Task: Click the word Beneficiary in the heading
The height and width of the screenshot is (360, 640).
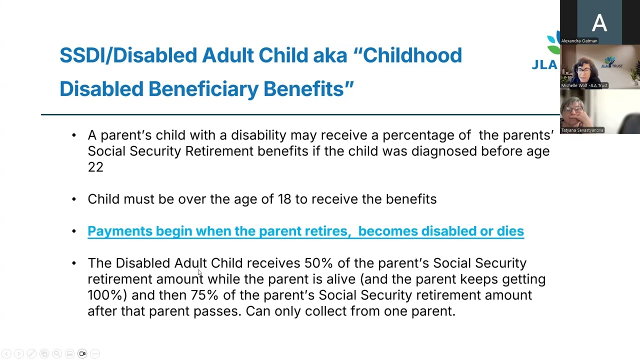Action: pos(203,89)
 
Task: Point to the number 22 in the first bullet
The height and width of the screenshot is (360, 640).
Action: pos(95,167)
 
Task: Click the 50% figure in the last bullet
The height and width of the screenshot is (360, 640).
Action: pos(318,263)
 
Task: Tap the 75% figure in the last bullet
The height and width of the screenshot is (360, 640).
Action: pos(204,295)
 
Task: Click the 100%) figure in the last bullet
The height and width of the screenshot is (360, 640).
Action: pos(107,295)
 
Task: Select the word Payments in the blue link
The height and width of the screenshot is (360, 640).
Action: pos(120,231)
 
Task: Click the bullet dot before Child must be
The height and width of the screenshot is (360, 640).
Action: pos(74,199)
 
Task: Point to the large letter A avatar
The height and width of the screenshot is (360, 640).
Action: pos(599,22)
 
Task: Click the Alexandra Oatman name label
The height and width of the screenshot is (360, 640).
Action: pos(579,41)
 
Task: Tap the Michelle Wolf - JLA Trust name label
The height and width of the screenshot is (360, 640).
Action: pos(584,85)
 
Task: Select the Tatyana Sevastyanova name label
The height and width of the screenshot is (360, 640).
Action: pos(582,130)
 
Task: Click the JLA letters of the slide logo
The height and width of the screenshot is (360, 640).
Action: pos(544,65)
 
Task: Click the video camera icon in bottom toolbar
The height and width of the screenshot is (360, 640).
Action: pos(82,353)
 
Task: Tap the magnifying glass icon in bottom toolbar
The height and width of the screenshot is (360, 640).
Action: pos(57,353)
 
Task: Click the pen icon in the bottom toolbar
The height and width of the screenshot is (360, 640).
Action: pos(31,353)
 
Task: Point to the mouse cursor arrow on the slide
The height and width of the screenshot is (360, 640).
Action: pos(199,272)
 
